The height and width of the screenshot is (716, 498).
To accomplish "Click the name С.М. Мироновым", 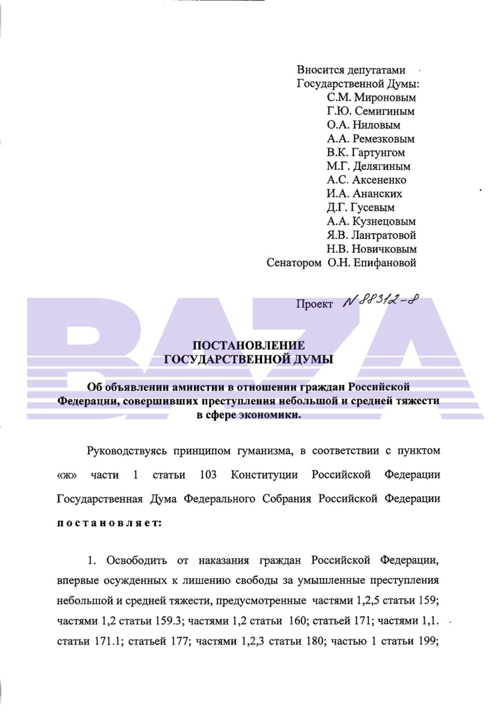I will (x=372, y=98).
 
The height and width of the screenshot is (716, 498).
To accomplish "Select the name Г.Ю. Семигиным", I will (x=371, y=111).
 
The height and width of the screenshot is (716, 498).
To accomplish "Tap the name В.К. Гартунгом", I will (x=366, y=153).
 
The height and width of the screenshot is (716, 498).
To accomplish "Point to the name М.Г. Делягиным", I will (x=369, y=166).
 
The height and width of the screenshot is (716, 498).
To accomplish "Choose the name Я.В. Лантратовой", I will (x=372, y=235).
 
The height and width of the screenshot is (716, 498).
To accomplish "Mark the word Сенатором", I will (x=294, y=262).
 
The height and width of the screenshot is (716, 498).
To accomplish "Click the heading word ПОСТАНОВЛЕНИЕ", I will (x=248, y=345).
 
